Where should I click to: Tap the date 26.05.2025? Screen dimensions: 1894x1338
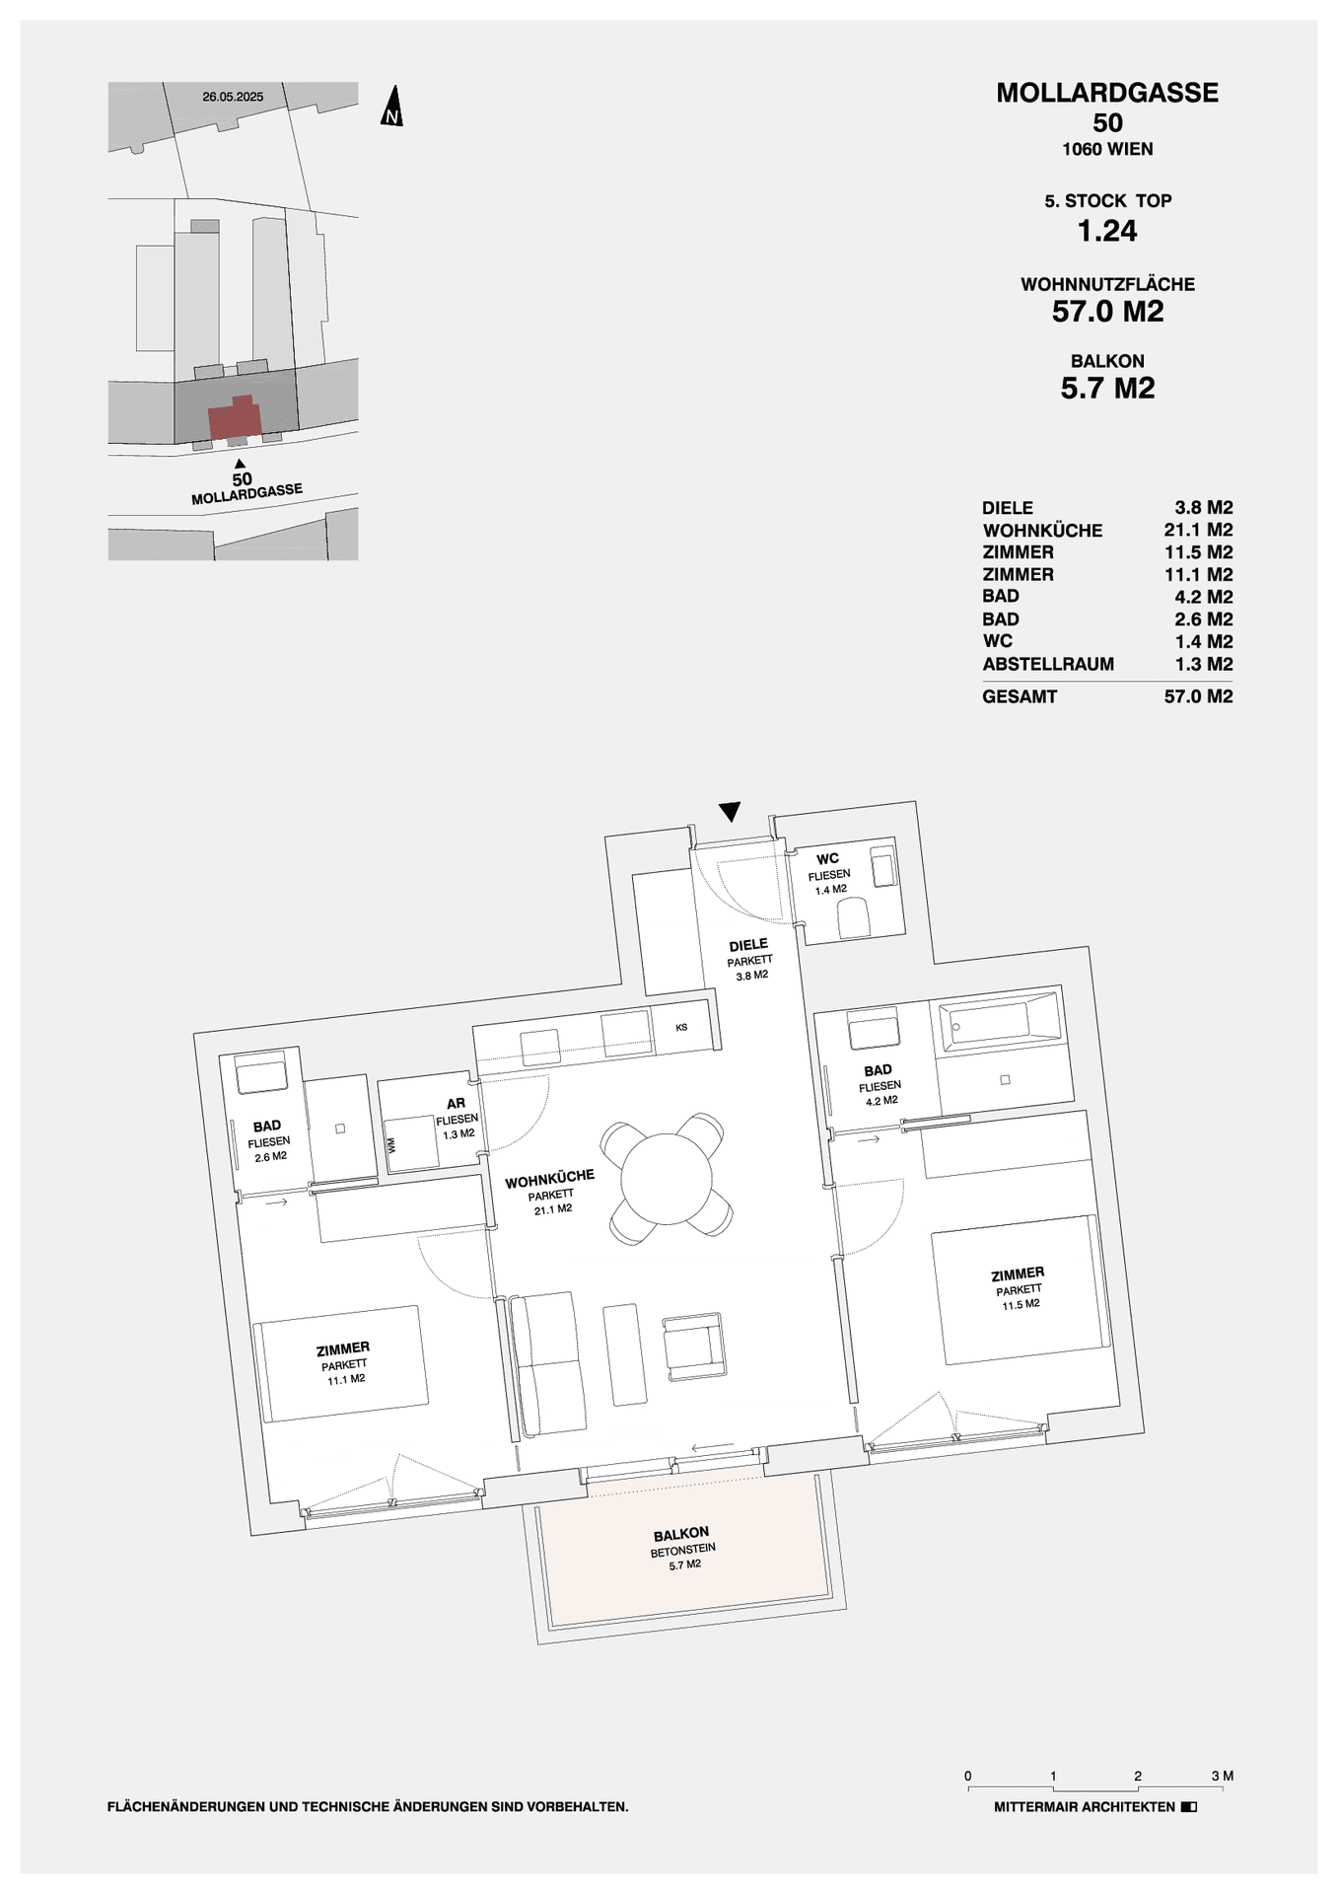coord(233,97)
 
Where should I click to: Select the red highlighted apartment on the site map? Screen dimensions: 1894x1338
coord(235,418)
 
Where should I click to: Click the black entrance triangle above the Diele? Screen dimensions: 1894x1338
coord(730,811)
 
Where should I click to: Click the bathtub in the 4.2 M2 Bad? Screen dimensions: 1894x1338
coord(1001,1020)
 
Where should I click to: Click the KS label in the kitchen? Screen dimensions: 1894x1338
coord(681,1028)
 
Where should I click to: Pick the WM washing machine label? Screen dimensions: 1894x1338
coord(391,1145)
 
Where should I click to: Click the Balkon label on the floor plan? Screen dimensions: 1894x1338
coord(680,1534)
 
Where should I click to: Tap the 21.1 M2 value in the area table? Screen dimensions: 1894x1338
coord(1198,530)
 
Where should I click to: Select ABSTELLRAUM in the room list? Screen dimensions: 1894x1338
coord(1048,664)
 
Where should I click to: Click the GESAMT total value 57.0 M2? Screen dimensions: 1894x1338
coord(1198,696)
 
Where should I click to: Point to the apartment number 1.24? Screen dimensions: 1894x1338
coord(1107,231)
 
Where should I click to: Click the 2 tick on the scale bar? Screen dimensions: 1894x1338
coord(1138,1776)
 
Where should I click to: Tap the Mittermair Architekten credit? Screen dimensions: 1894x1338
coord(1085,1807)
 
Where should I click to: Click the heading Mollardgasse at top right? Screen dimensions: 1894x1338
coord(1107,93)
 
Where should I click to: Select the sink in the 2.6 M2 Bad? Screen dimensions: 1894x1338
coord(261,1074)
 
